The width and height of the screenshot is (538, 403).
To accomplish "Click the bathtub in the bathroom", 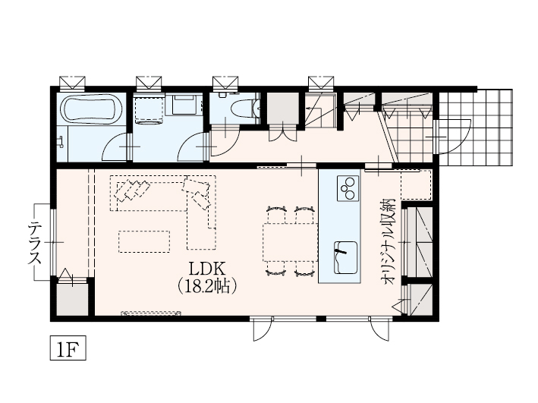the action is coord(91,109).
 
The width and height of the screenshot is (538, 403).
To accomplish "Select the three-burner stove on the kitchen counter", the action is coord(348,188).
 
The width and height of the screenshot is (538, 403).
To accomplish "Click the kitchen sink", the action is coord(345,257).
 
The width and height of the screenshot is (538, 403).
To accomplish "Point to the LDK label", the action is coord(208,269).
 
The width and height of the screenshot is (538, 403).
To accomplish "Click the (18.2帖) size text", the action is coord(208,286).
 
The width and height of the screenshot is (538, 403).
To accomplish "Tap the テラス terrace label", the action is coord(35,243).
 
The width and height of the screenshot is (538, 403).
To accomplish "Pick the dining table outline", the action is coord(291,242).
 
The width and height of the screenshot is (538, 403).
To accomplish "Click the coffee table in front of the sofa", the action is coord(144,241).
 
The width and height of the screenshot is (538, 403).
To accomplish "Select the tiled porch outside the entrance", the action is coord(476,128).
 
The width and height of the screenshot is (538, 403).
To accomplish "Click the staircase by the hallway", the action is coord(320,111).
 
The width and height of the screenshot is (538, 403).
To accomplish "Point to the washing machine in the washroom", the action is coord(149,109).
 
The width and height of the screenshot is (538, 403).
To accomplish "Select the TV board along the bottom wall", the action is coord(151,313).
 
